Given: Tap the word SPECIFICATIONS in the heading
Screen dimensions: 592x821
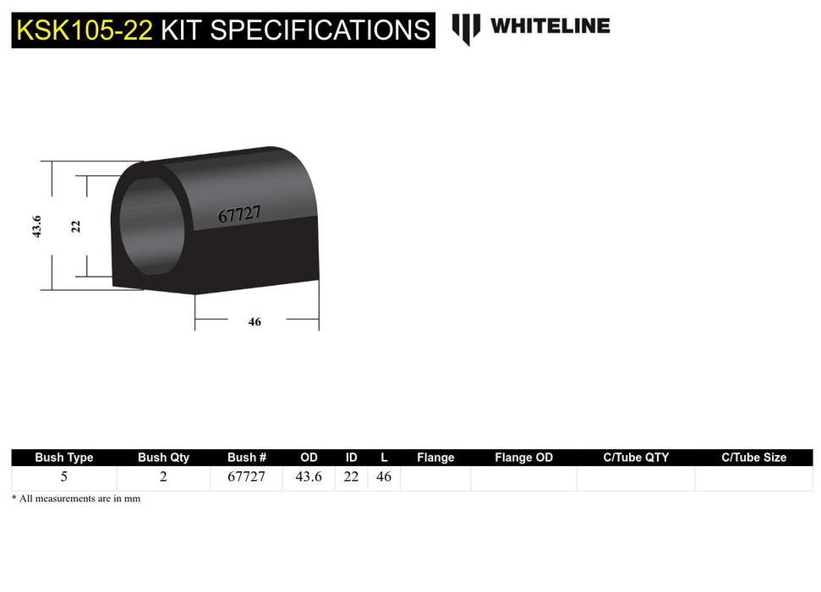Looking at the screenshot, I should [x=320, y=30].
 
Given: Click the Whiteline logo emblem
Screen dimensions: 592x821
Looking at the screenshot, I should [x=466, y=28].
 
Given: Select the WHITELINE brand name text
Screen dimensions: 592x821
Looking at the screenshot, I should [x=550, y=26].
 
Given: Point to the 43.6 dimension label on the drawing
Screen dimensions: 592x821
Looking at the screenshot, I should [x=37, y=226].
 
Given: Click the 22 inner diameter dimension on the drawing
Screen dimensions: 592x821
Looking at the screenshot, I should [x=76, y=226].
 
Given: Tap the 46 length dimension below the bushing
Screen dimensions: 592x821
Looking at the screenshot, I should [x=255, y=322].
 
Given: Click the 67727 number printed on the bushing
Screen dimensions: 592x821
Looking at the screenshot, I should [x=238, y=215].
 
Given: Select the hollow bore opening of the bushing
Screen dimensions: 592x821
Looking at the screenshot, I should [x=151, y=227].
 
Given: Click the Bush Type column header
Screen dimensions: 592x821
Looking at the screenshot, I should [x=64, y=458].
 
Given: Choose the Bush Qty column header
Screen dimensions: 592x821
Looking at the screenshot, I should [x=163, y=458].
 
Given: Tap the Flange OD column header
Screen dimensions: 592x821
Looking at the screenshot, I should [x=523, y=458].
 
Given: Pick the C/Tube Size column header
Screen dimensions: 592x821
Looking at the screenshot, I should [x=753, y=458].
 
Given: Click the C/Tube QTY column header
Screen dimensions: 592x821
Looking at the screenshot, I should [x=636, y=458].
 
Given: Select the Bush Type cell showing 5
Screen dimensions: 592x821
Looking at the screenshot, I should [x=64, y=477].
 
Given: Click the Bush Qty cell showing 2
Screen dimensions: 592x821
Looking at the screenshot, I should [x=163, y=477].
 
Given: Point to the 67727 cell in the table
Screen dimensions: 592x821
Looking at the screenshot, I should [x=246, y=477].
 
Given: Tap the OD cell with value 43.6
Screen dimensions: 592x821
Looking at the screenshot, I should [x=309, y=477].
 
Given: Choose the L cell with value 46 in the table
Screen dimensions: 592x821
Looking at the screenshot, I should [x=384, y=477].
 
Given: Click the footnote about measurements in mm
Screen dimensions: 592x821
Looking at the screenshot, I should [x=76, y=499].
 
